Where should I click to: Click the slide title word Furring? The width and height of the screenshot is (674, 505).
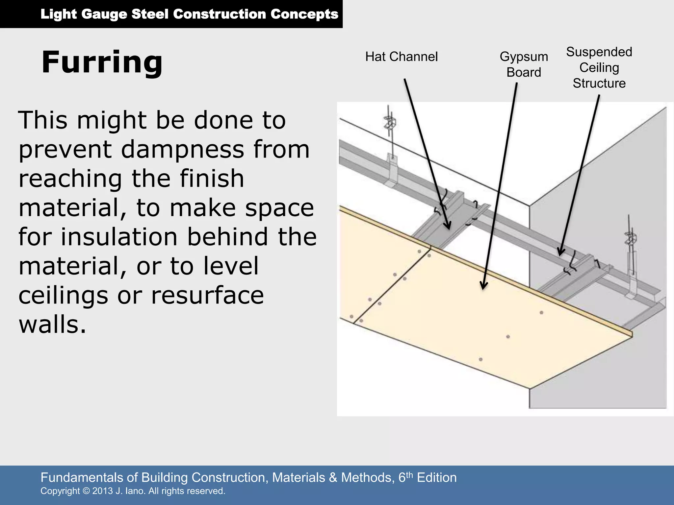pyautogui.click(x=102, y=62)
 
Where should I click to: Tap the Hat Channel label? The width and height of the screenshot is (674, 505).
pyautogui.click(x=401, y=57)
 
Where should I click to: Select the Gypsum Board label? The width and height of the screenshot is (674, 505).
pyautogui.click(x=524, y=64)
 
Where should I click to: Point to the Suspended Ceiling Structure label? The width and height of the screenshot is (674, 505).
pyautogui.click(x=599, y=68)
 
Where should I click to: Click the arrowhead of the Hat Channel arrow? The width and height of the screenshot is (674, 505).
pyautogui.click(x=448, y=227)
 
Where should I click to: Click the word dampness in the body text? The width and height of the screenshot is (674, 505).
pyautogui.click(x=182, y=149)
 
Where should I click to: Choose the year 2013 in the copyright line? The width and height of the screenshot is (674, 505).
pyautogui.click(x=102, y=491)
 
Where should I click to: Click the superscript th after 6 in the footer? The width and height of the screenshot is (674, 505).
pyautogui.click(x=409, y=474)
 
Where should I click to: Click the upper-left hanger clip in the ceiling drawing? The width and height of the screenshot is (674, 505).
pyautogui.click(x=390, y=122)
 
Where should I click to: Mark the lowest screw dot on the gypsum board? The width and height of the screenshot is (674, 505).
pyautogui.click(x=480, y=359)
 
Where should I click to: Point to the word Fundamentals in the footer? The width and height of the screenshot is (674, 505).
pyautogui.click(x=87, y=477)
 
